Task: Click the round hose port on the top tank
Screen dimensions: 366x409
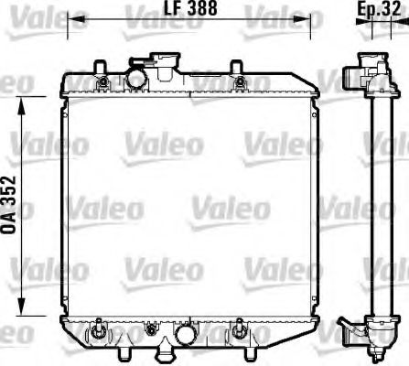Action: pos(136,79)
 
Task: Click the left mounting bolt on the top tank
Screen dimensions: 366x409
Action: pos(102,85)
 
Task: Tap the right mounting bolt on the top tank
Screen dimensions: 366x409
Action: pos(241,85)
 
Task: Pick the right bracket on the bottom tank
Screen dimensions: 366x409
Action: pos(241,327)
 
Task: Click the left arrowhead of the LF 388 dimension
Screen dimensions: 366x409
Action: pos(75,19)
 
